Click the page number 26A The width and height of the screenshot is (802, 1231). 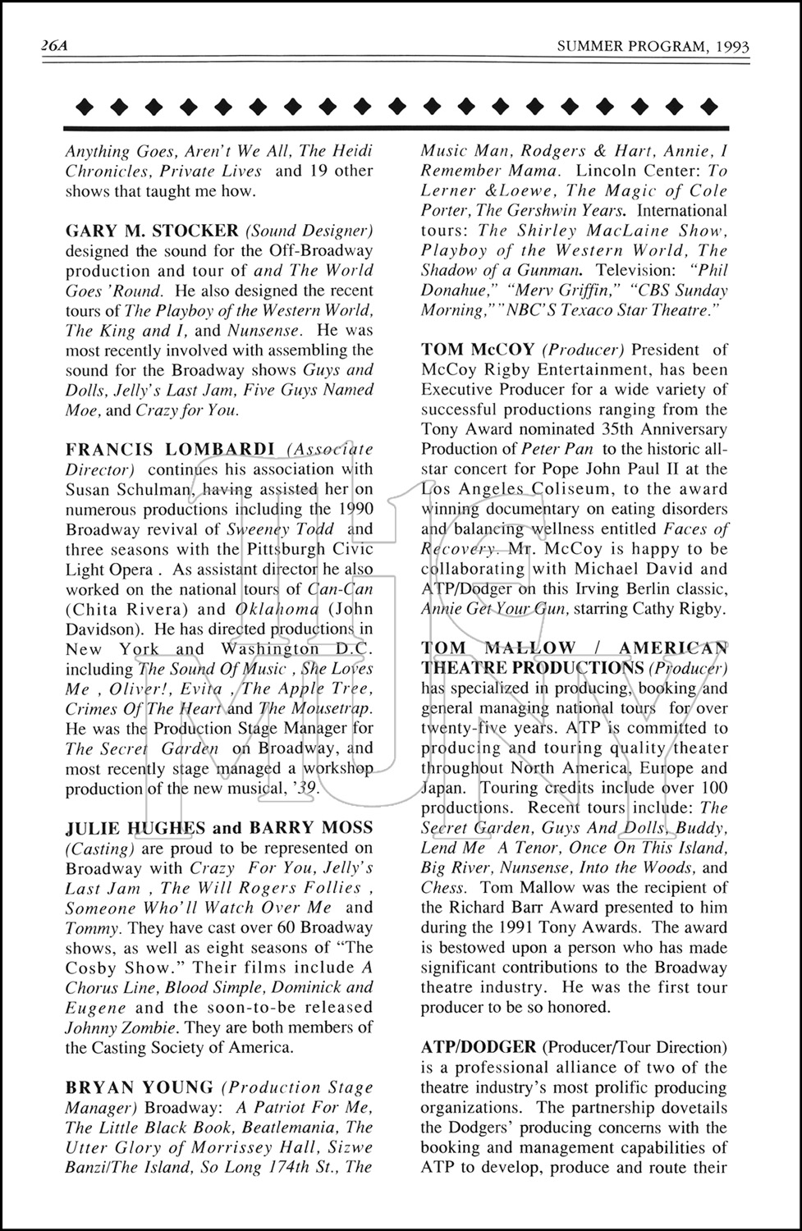coord(54,46)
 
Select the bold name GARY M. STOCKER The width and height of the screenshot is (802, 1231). coord(152,231)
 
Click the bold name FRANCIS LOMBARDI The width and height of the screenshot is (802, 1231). coord(170,449)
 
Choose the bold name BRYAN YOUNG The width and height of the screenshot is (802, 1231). coord(139,1087)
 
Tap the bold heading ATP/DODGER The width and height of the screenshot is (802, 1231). coord(478,1047)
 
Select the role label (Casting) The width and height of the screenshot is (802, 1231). coord(100,848)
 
